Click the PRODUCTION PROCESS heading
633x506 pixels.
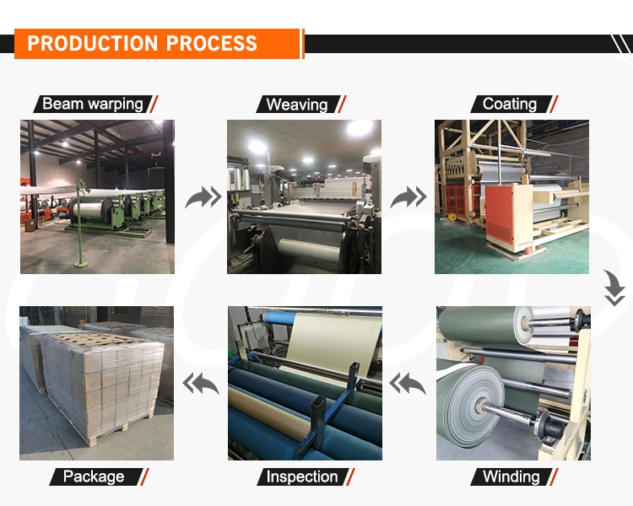(x=142, y=44)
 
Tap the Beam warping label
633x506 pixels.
(x=92, y=105)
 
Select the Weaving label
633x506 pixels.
(x=296, y=105)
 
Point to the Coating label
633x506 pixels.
(x=509, y=105)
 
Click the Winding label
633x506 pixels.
(x=511, y=476)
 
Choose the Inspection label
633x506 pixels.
(x=301, y=476)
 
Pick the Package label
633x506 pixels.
(x=92, y=476)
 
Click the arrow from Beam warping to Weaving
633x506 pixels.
(x=203, y=197)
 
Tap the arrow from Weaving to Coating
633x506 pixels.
(x=408, y=197)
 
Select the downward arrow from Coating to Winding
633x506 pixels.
(x=614, y=289)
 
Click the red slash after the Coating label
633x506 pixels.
(x=554, y=105)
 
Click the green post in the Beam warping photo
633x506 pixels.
(x=81, y=223)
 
